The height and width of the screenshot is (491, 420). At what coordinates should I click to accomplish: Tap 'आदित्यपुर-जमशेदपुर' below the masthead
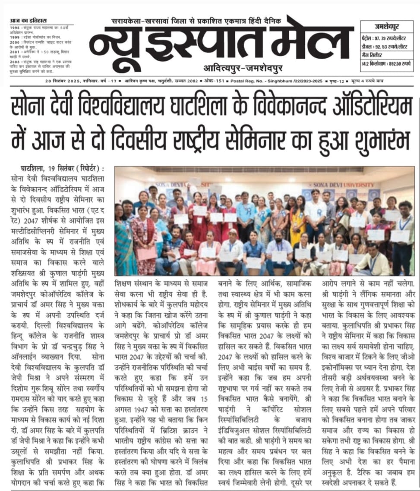pyautogui.click(x=233, y=69)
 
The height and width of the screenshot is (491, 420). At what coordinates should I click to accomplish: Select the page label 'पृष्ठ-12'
pyautogui.click(x=358, y=81)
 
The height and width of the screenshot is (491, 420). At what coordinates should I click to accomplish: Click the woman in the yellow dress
pyautogui.click(x=297, y=220)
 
